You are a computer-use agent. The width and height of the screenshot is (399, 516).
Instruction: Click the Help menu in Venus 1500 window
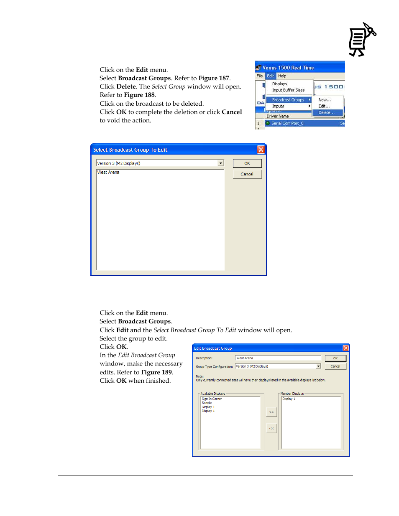(282, 76)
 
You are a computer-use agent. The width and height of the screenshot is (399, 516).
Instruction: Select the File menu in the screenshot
(260, 76)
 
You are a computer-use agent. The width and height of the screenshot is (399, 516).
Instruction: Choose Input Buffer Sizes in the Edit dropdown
(288, 90)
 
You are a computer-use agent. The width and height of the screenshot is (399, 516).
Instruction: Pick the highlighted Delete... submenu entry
(326, 112)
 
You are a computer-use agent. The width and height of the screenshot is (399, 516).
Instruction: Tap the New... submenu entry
(325, 100)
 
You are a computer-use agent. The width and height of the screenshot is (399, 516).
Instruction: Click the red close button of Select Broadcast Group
(261, 150)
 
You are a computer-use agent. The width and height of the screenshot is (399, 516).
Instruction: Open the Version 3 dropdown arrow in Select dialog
(221, 163)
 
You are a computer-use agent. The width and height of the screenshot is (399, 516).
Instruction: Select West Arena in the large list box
(108, 172)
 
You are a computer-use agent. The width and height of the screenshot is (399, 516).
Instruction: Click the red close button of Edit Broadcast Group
(345, 348)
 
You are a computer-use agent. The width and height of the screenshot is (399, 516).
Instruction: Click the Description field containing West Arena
(277, 358)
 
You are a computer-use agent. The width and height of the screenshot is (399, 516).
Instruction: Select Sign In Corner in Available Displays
(212, 399)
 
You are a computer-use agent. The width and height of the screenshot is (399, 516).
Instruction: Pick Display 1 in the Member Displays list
(289, 399)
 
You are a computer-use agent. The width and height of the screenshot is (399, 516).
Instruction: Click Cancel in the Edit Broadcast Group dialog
(335, 366)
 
